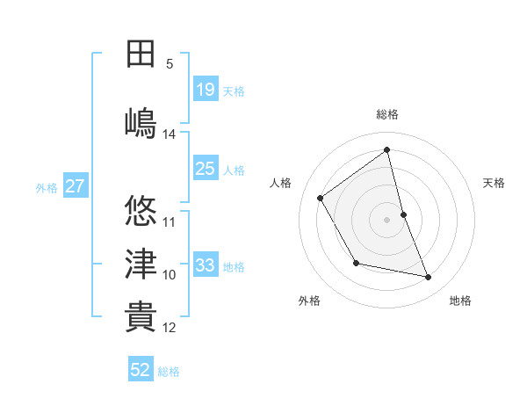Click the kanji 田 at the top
tap(141, 54)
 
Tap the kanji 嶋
tap(141, 122)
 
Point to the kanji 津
tap(141, 264)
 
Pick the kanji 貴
tap(141, 316)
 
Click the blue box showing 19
tap(206, 90)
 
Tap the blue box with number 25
tap(206, 169)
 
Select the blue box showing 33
tap(206, 265)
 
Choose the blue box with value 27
tap(75, 186)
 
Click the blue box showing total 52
tap(141, 370)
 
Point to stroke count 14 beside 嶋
tap(170, 134)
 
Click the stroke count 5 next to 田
tap(170, 64)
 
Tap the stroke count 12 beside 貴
tap(170, 328)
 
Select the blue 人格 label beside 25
tap(234, 170)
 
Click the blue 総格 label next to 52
tap(169, 372)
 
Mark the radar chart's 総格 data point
tap(386, 149)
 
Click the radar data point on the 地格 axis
tap(429, 278)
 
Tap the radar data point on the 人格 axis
tap(321, 198)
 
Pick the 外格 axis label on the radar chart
tap(309, 301)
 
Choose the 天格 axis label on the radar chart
tap(495, 183)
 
